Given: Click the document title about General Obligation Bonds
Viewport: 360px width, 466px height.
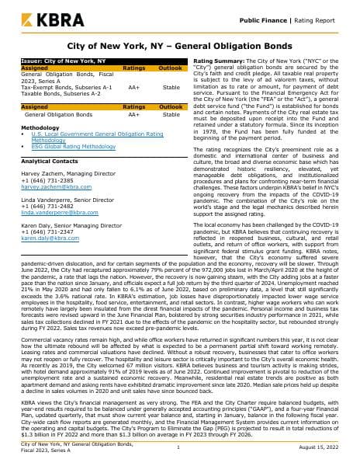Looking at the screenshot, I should (180, 47).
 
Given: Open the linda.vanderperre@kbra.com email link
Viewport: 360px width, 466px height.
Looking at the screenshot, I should (53, 190).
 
